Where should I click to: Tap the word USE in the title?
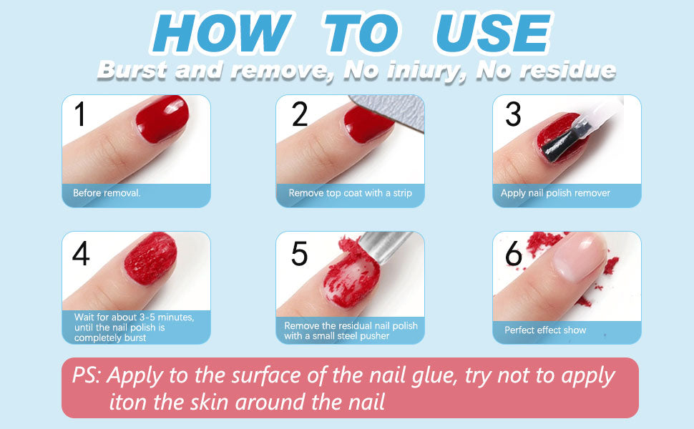(493, 34)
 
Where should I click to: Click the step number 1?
(79, 114)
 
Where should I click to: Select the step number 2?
(300, 114)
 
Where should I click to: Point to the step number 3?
(514, 114)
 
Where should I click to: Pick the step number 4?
(81, 253)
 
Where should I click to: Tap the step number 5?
(299, 253)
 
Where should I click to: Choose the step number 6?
(514, 253)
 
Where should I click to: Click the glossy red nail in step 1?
(162, 119)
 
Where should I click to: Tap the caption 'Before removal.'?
(107, 193)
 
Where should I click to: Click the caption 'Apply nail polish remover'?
(555, 193)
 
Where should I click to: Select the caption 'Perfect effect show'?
(545, 330)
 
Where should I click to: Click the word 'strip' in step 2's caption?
(402, 193)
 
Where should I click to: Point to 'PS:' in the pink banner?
(87, 375)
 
